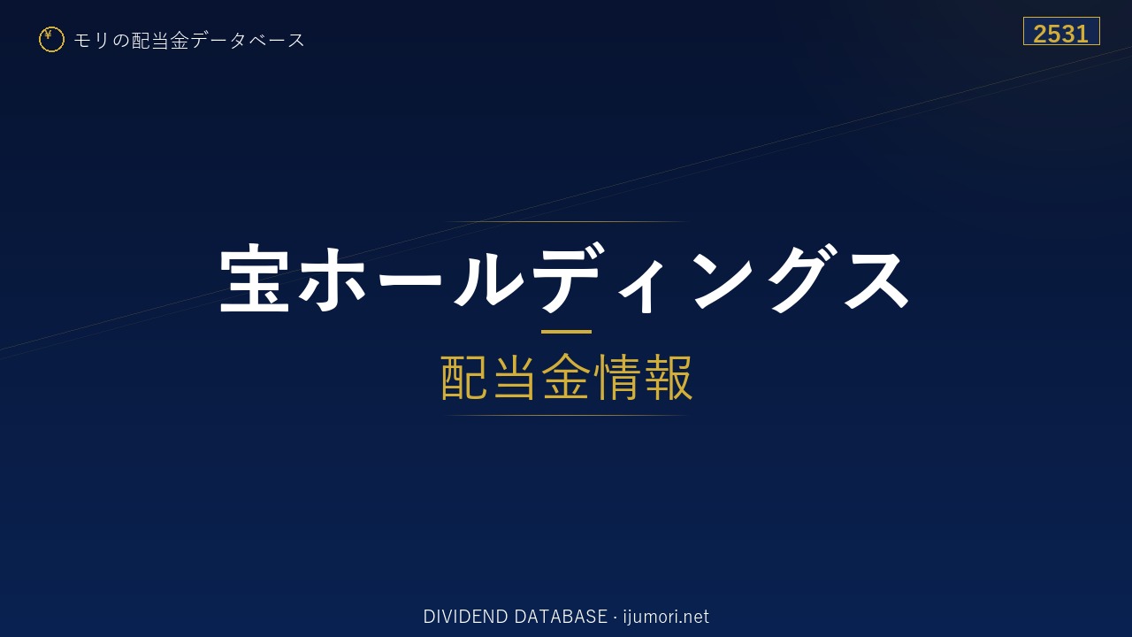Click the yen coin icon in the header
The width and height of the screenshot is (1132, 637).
click(51, 40)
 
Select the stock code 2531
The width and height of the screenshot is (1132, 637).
click(1060, 34)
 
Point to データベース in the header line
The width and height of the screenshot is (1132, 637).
click(248, 41)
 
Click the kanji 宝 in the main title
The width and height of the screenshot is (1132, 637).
click(255, 278)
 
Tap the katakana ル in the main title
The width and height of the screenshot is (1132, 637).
click(489, 278)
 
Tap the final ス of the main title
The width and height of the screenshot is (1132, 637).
click(876, 279)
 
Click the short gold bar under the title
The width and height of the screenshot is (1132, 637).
click(566, 332)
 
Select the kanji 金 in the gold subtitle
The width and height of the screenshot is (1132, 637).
click(566, 377)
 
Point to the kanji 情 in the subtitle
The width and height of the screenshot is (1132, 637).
click(617, 377)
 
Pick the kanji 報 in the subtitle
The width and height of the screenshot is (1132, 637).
click(668, 377)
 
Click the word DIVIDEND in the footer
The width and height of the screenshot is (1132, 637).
click(465, 617)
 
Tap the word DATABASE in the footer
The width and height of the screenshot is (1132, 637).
click(561, 617)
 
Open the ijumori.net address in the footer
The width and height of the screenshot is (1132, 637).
click(666, 618)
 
